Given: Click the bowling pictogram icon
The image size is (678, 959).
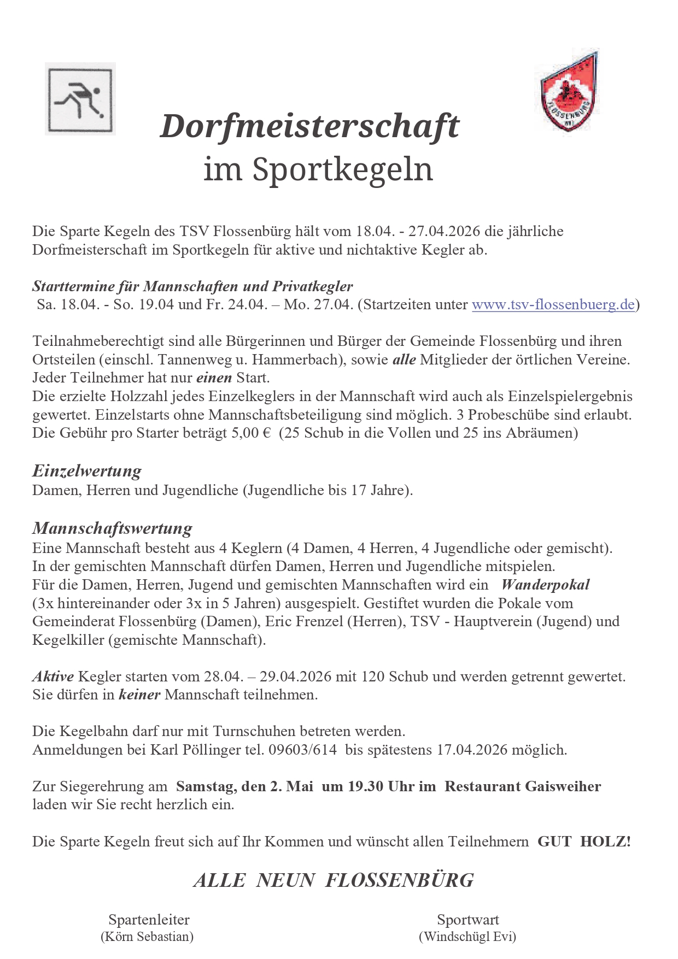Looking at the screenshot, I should tap(80, 99).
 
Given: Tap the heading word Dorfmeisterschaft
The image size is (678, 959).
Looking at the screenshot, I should tap(309, 127).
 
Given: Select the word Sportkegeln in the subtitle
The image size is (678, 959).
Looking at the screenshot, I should tap(342, 169).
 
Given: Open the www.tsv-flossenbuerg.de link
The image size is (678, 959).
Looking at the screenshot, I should tap(553, 304).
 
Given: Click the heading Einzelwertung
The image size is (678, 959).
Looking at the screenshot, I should tap(87, 470).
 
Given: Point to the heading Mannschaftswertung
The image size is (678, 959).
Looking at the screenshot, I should tap(112, 528).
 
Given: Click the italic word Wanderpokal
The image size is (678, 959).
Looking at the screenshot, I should tap(545, 585).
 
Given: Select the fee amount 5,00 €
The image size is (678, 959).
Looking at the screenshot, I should tap(251, 433).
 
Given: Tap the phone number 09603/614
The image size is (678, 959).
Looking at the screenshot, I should tap(302, 750).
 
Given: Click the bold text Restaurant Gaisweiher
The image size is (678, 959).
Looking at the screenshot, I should tap(523, 786).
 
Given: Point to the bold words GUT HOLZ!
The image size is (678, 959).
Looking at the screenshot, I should tap(584, 842).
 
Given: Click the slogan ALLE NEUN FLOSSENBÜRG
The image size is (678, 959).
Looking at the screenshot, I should tap(334, 880).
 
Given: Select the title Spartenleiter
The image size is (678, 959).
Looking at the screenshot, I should tap(149, 920).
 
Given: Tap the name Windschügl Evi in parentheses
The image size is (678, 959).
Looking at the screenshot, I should tap(467, 937).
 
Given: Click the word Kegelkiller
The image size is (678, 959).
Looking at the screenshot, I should tap(68, 640).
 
